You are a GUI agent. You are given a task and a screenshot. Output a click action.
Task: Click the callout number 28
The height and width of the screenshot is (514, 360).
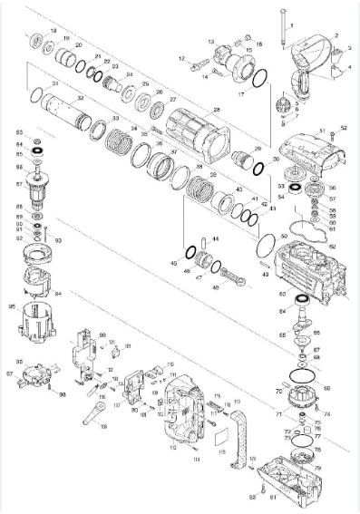(x=216, y=110)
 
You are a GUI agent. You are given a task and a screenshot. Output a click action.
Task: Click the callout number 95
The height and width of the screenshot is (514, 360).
(x=12, y=307)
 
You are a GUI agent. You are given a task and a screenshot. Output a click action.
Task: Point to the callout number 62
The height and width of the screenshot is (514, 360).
(x=331, y=246)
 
